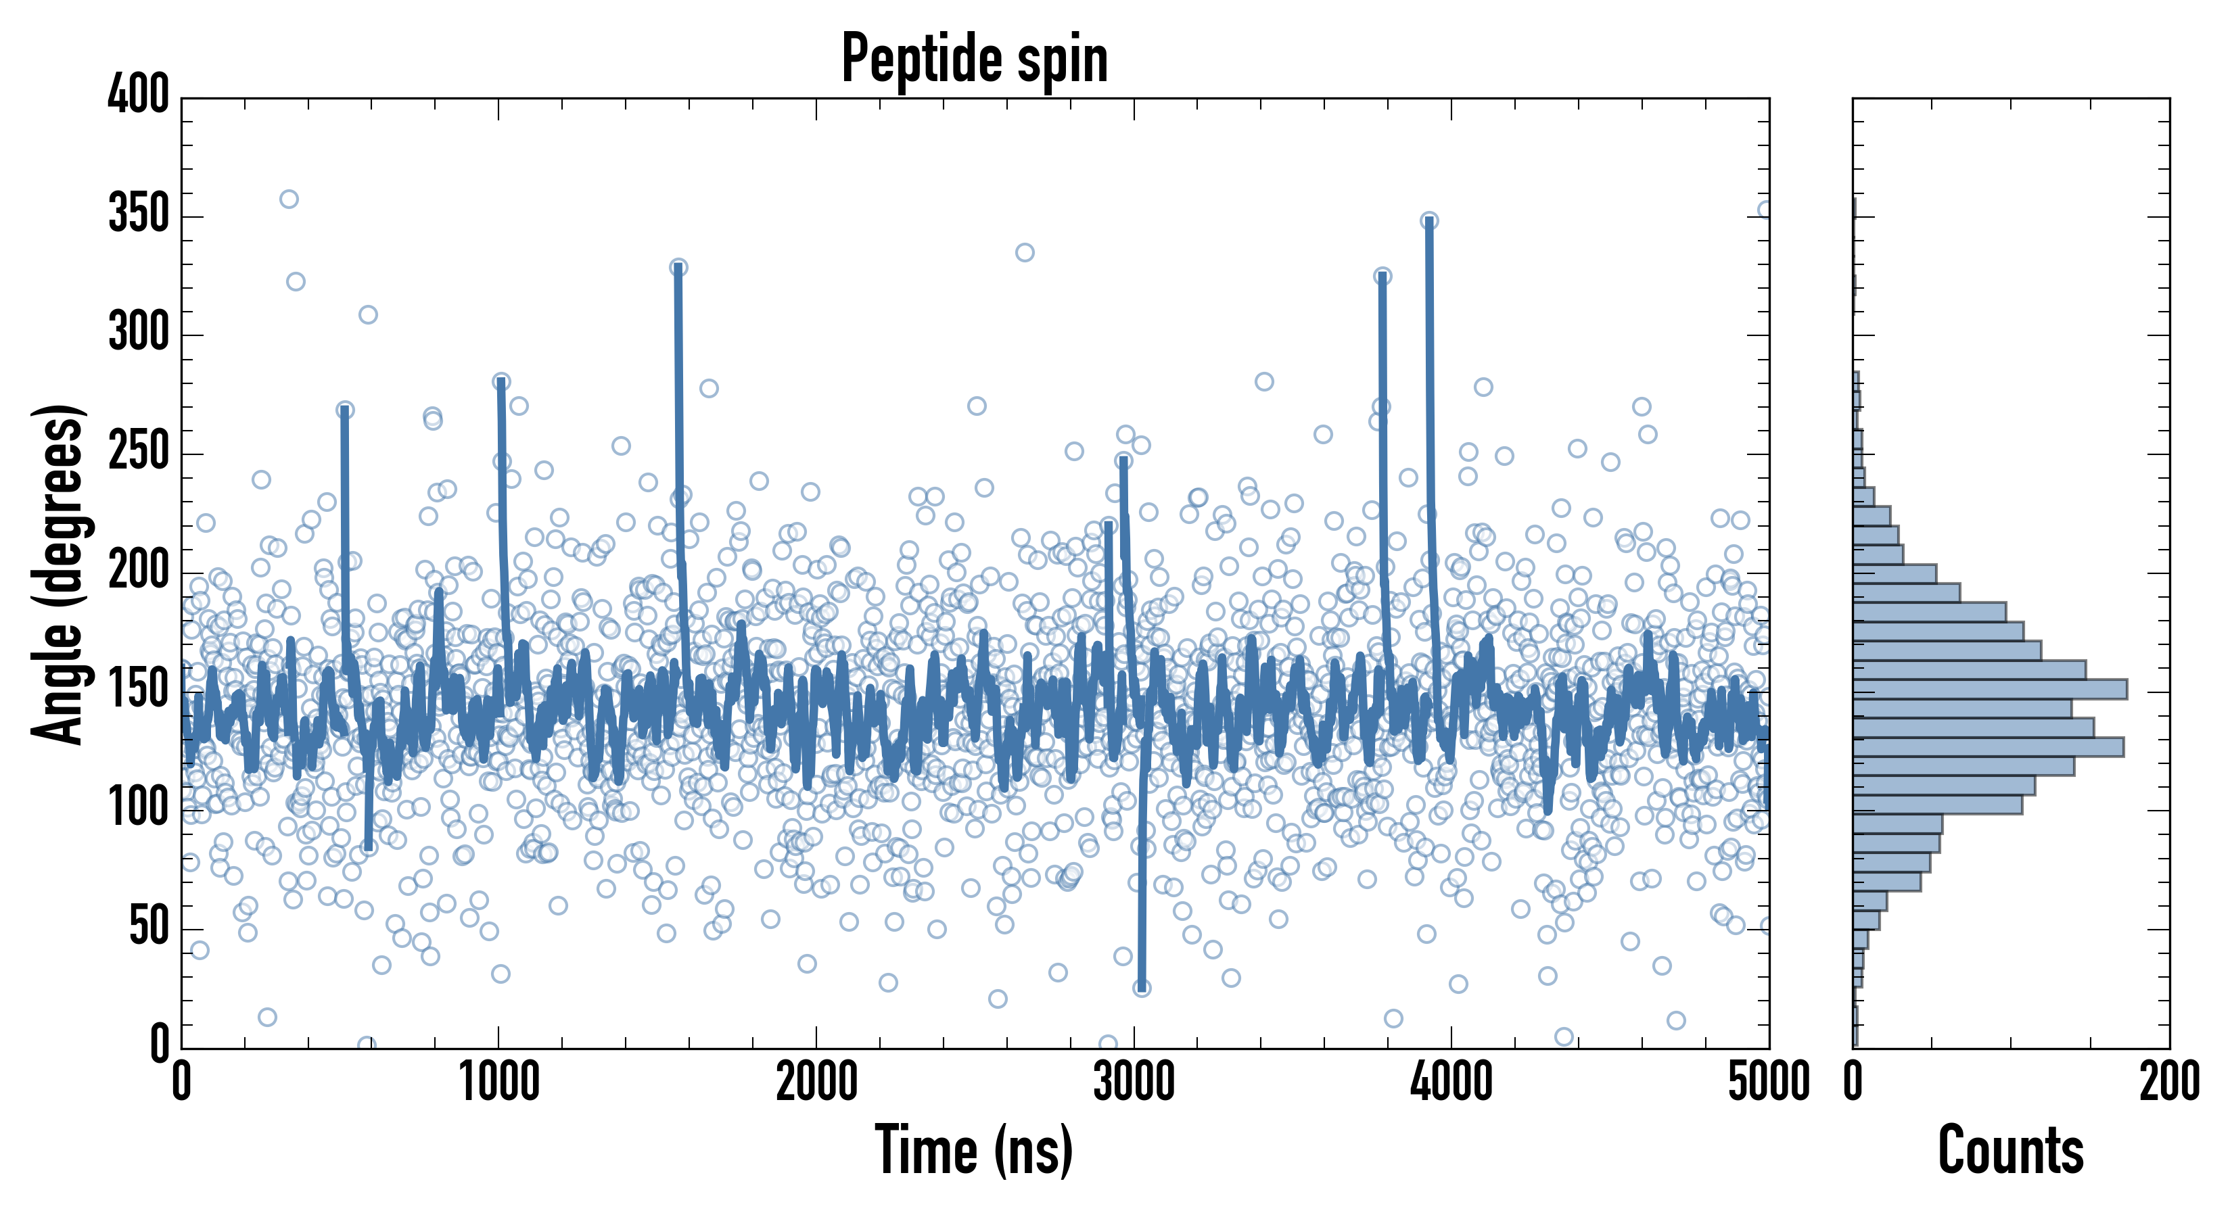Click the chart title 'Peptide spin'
975,58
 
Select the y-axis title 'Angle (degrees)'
58,573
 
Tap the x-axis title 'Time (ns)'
974,1150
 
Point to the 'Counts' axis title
2010,1150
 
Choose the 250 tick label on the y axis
139,452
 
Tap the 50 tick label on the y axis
149,928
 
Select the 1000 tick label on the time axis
499,1082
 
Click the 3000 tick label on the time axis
1134,1082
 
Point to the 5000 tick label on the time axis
1769,1082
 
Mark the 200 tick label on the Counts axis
2168,1082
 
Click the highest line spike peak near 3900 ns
1428,221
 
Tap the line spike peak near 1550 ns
678,268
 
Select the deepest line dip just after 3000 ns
1142,987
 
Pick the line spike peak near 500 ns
345,410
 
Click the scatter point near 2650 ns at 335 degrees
1024,253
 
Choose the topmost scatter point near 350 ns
289,199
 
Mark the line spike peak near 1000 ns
501,382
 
